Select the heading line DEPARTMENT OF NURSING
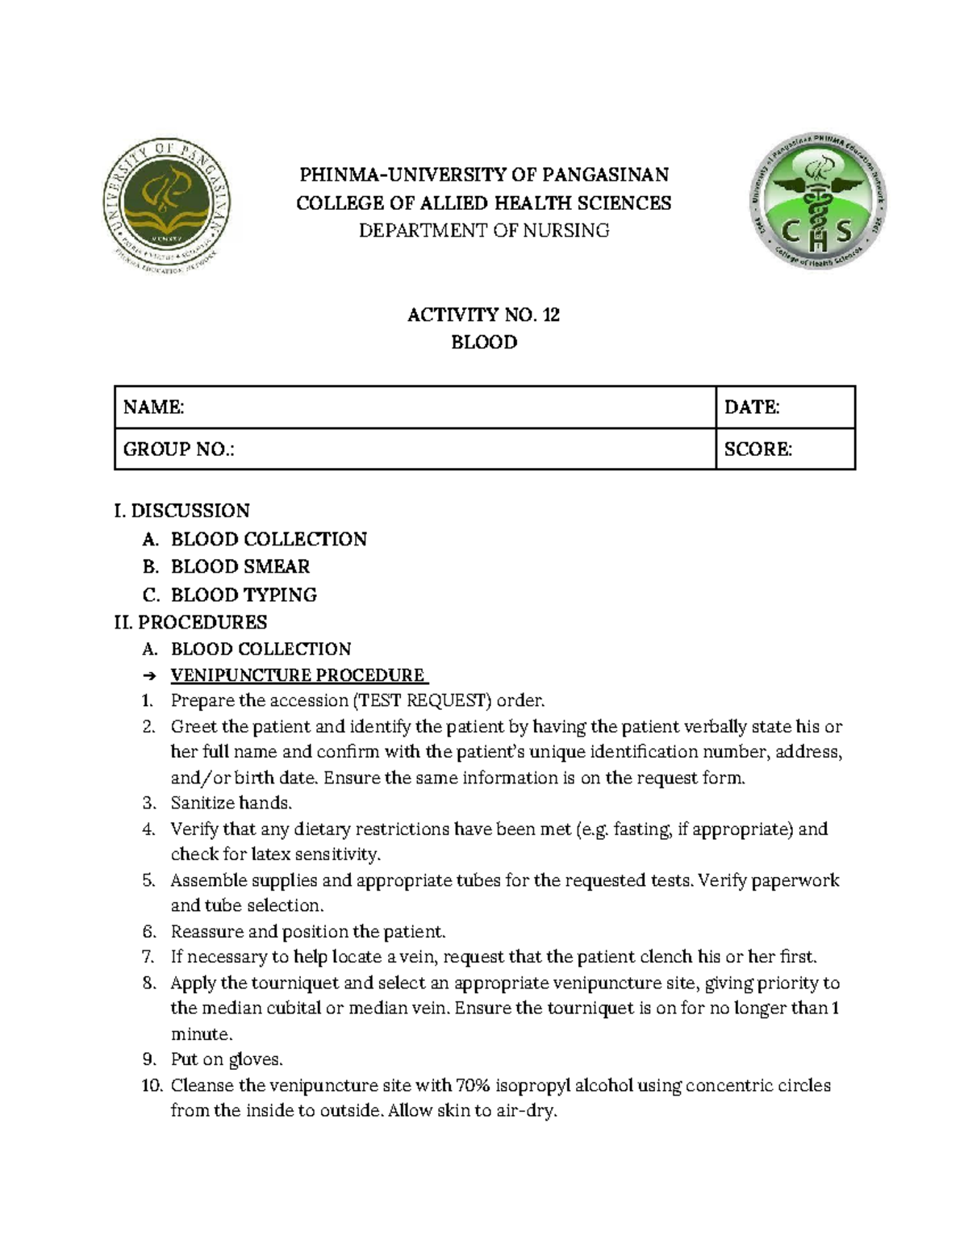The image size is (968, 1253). point(483,231)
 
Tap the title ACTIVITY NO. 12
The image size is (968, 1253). point(483,315)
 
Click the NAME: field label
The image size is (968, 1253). point(153,407)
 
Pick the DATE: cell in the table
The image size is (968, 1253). point(752,407)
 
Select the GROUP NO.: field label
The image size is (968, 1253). point(178,449)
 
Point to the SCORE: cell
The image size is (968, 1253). point(758,449)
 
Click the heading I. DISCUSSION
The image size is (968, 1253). point(181,511)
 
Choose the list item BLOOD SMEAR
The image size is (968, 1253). point(240,566)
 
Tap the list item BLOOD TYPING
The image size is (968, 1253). point(244,595)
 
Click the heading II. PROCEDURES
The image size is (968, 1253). point(190,622)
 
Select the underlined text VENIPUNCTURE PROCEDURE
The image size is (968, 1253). point(298,675)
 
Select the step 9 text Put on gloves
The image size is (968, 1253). point(227,1059)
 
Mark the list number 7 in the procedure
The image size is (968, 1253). point(148,958)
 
